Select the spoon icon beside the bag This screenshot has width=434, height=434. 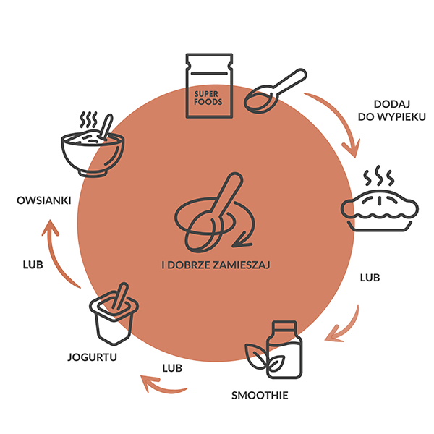coord(275,91)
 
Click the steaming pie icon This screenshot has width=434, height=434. coord(380,210)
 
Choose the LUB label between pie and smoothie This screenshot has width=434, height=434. coord(370,277)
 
